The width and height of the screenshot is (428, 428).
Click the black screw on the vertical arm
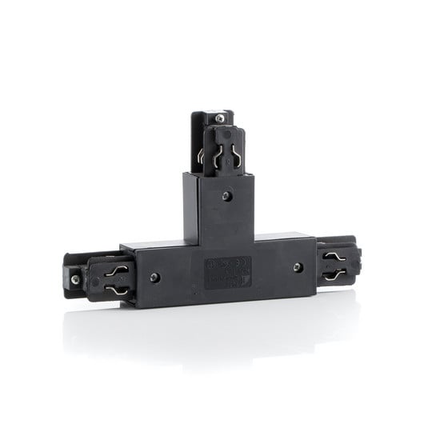(x=228, y=194)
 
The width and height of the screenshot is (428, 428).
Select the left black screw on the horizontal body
(x=154, y=278)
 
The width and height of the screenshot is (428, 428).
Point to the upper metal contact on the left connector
(x=118, y=270)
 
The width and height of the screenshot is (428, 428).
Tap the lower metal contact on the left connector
(x=118, y=290)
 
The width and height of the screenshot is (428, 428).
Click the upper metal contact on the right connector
(x=334, y=257)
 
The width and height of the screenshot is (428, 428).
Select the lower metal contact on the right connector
(x=334, y=274)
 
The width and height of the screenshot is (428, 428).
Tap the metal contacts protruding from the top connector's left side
(x=199, y=154)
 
